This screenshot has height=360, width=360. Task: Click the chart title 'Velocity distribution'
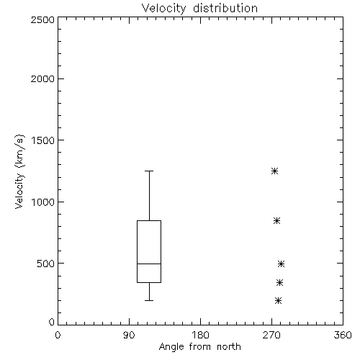[199, 8]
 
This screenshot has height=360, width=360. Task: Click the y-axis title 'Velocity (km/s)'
[19, 172]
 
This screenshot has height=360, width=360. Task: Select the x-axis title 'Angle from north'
[199, 346]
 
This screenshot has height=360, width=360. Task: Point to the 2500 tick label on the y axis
[42, 19]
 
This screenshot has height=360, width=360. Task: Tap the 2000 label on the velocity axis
[42, 78]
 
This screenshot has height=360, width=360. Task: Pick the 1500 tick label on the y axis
[43, 140]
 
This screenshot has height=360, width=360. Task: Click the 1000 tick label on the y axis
[43, 202]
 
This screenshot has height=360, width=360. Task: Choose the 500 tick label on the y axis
[46, 264]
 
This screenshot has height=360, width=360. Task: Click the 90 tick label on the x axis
[129, 335]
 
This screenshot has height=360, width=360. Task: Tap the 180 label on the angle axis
[200, 335]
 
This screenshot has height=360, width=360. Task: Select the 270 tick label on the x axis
[271, 335]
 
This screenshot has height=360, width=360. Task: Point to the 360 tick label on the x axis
[343, 335]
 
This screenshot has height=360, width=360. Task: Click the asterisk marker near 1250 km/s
[275, 171]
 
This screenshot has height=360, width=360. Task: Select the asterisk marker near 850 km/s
[277, 221]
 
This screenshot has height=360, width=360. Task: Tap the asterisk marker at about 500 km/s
[282, 264]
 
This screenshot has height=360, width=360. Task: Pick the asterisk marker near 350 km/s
[280, 283]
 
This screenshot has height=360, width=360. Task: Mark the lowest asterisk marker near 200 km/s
[279, 300]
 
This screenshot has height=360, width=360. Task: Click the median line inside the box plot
[149, 264]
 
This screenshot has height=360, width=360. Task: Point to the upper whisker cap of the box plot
[149, 171]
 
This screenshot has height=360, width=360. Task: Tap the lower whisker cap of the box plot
[149, 300]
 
